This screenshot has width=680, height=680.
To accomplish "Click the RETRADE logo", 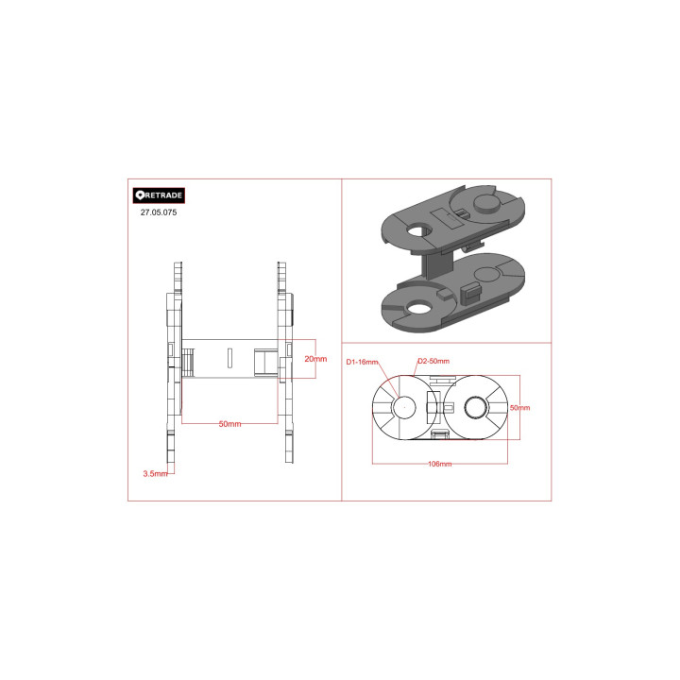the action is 159,195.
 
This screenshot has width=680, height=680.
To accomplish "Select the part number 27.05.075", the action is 159,212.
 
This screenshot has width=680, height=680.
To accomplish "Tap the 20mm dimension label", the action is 315,359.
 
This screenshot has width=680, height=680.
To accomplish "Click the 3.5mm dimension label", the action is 155,473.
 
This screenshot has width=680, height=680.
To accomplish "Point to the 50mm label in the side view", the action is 229,424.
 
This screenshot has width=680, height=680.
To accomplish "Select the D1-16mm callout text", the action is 362,362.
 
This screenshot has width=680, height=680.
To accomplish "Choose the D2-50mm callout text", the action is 433,361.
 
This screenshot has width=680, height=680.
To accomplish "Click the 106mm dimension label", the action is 440,464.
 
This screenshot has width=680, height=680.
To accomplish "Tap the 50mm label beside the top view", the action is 519,408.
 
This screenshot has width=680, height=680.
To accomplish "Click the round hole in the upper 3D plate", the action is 418,230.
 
